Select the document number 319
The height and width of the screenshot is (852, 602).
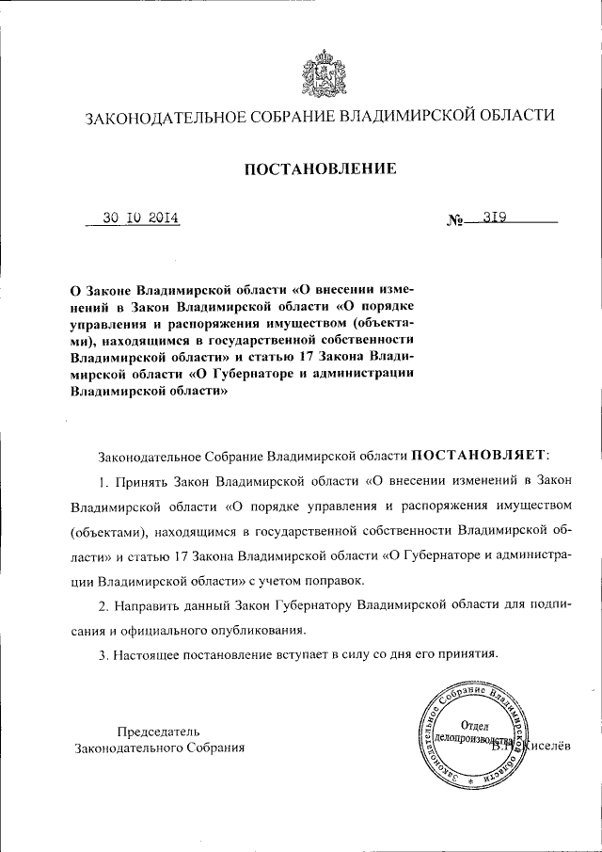tap(495, 217)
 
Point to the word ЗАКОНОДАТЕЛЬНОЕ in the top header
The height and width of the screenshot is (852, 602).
tap(166, 117)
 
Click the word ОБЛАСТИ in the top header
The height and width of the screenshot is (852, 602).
tap(504, 117)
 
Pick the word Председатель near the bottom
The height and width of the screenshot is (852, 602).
tap(158, 731)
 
